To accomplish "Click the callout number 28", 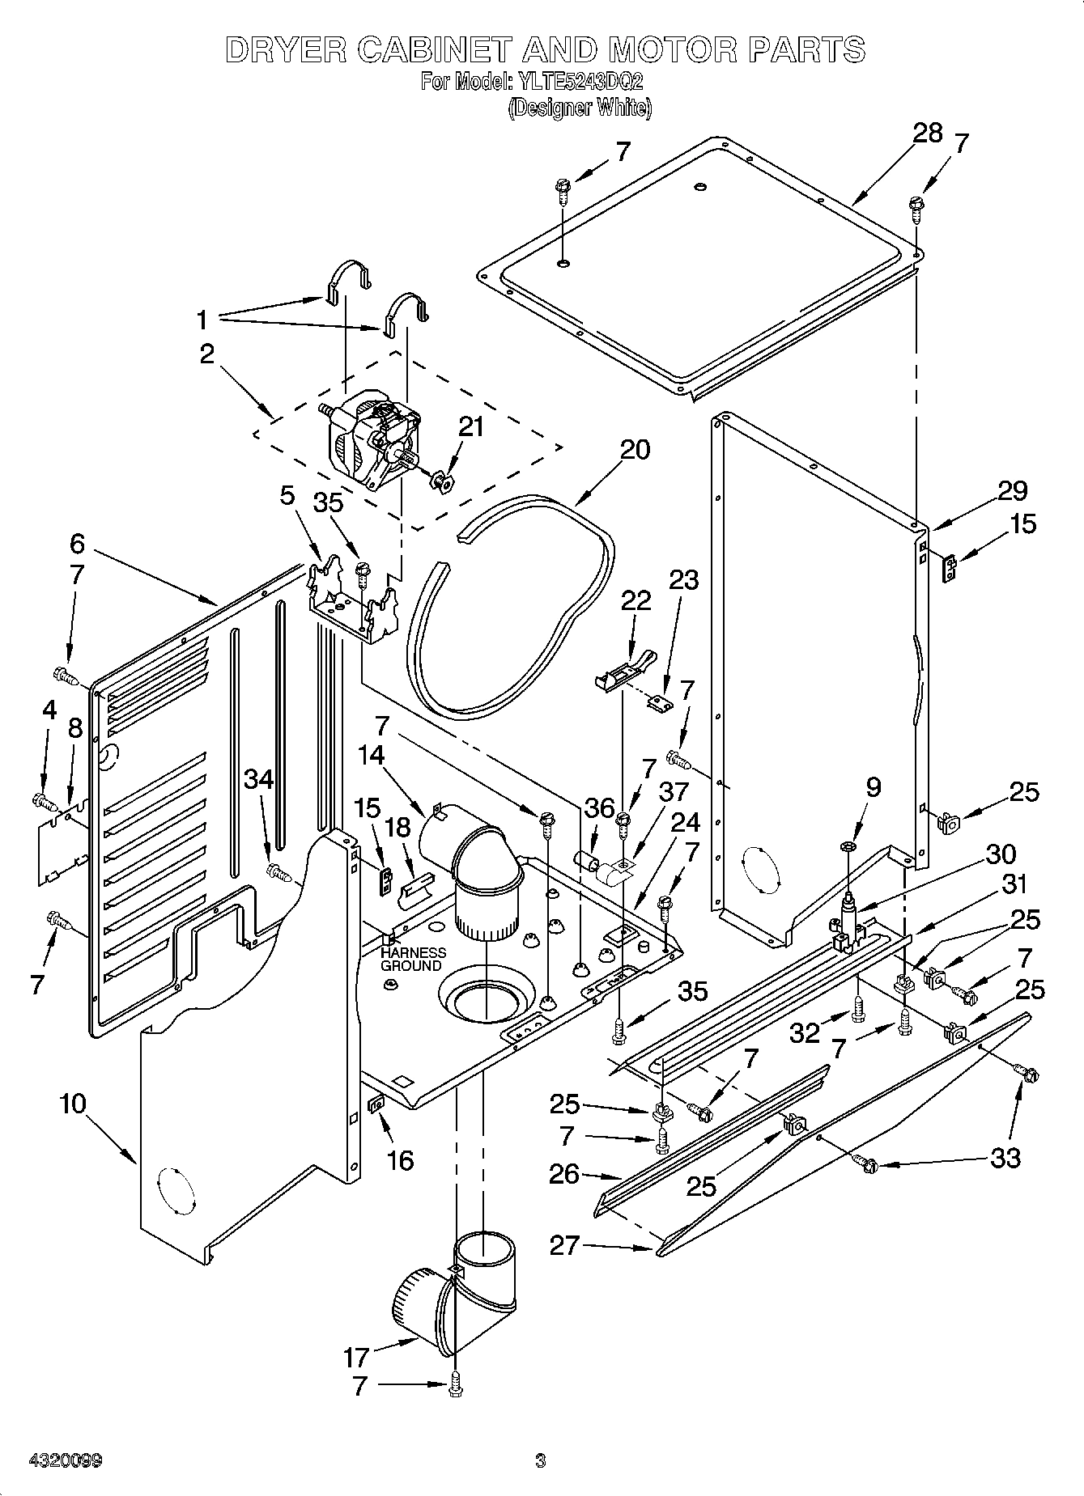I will [928, 133].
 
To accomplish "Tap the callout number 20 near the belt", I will [635, 449].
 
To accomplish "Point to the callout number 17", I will [356, 1356].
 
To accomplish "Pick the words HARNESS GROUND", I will [412, 959].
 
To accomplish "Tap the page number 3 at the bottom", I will [540, 1460].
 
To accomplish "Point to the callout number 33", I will [1005, 1158].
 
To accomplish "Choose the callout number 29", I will [1012, 490].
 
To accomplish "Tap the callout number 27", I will [564, 1244].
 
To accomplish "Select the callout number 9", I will [873, 786].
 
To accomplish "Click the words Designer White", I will [579, 108].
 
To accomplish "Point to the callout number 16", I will [401, 1160].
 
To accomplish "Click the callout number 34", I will [259, 779].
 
